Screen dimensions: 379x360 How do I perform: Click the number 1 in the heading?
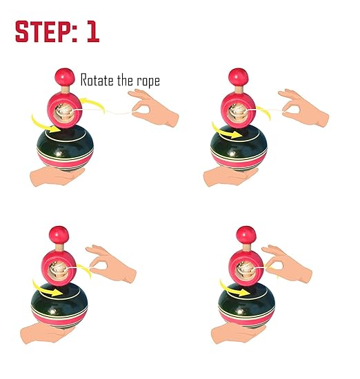[92, 32]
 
